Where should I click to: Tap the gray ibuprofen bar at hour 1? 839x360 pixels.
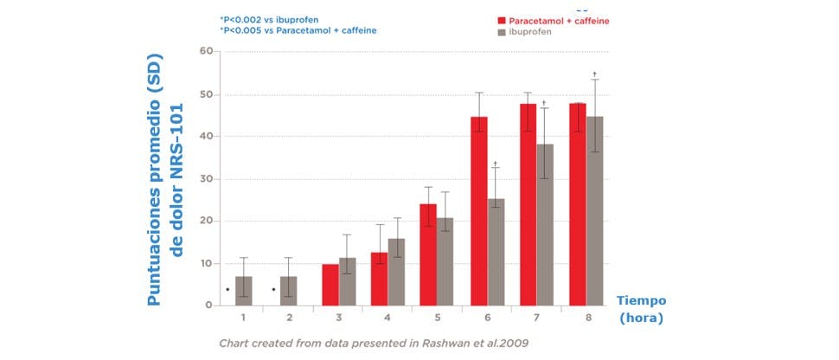pos(245,291)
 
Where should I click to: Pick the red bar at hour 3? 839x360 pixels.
pos(330,285)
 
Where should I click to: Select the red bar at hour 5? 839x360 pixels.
pos(428,254)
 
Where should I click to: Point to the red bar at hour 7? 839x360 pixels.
pos(528,204)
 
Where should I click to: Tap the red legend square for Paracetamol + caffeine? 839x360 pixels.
pos(502,19)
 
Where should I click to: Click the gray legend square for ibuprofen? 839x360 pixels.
pos(502,32)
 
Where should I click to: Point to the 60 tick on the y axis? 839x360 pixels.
pos(206,51)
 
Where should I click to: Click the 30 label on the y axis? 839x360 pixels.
pos(206,179)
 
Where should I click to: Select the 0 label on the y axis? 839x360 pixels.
pos(208,305)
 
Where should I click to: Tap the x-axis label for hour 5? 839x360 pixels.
pos(438,318)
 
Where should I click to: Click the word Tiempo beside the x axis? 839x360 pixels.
pos(641,300)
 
